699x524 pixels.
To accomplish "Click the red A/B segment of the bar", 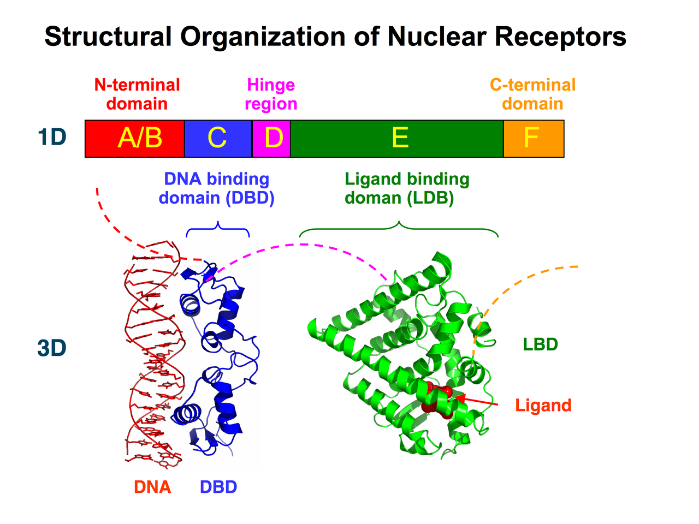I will (135, 139).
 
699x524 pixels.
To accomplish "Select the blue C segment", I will (218, 139).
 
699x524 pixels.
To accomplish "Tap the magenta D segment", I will (271, 139).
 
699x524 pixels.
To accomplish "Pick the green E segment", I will (397, 139).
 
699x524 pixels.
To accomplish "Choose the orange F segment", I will (533, 139).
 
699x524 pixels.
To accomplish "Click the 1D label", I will (52, 138).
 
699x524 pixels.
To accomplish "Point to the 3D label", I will (52, 348).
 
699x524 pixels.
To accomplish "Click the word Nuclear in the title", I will (437, 37).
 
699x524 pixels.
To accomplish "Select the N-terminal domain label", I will (137, 94).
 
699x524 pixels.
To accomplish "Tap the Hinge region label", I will (271, 94).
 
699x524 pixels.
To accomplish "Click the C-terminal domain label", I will (532, 94).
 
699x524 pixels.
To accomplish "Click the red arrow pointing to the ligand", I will (478, 401).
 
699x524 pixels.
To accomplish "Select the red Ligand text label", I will (543, 406).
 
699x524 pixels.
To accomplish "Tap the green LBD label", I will (540, 344).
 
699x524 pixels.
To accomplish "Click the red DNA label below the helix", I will (152, 487).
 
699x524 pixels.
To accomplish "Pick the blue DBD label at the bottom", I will (218, 487).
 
